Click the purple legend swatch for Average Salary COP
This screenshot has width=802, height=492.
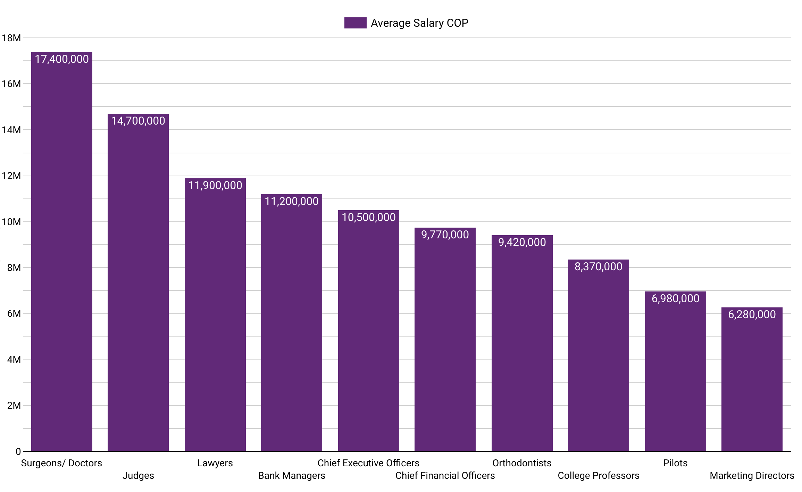[x=355, y=23]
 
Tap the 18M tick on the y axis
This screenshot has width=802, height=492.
[x=11, y=38]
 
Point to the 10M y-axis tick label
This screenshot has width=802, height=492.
[x=11, y=222]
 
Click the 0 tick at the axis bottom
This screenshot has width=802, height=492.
[x=18, y=452]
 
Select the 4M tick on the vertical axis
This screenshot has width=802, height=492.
[x=14, y=360]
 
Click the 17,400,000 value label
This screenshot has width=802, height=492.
[x=62, y=59]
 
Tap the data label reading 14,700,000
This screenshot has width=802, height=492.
[x=138, y=121]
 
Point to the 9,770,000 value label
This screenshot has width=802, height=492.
[x=445, y=235]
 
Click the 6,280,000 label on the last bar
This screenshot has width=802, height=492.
[x=752, y=315]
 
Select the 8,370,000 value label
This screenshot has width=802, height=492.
[x=599, y=267]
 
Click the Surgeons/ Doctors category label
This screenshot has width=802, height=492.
[x=61, y=463]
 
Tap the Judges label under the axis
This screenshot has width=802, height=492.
[x=138, y=476]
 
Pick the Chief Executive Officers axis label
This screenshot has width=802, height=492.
[x=368, y=463]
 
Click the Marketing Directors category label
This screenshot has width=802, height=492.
[x=752, y=476]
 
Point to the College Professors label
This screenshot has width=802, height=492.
[x=599, y=476]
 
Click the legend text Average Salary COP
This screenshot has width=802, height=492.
[x=419, y=23]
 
